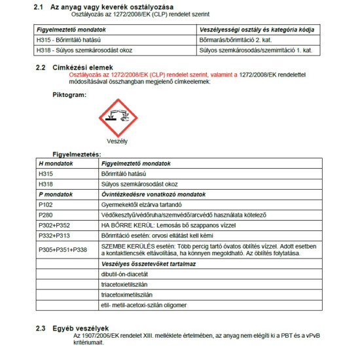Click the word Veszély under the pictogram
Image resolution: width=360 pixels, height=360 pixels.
(117, 141)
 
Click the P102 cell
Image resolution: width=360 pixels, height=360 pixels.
(46, 204)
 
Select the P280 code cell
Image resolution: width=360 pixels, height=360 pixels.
(46, 214)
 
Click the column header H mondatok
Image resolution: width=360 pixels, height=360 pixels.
(56, 164)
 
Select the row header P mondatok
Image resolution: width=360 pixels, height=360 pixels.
(56, 194)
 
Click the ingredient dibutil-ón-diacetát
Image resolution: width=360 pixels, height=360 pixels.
(124, 274)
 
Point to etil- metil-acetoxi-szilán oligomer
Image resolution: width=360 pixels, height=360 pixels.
(144, 305)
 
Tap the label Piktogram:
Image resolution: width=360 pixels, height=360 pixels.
(69, 95)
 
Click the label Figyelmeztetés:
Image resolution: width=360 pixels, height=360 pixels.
(77, 154)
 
